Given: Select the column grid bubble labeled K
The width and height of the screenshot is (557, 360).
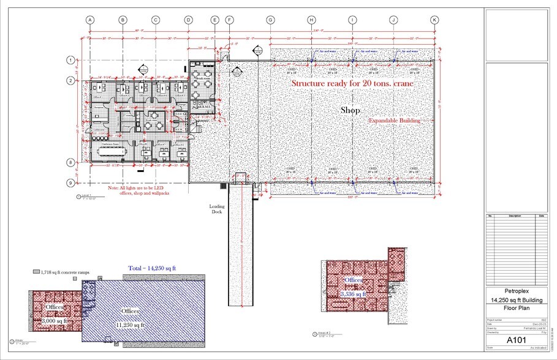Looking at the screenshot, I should (434, 20).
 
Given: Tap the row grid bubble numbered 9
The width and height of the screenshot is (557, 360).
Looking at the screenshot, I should (70, 182).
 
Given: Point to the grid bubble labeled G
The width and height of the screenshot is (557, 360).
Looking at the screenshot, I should (270, 20).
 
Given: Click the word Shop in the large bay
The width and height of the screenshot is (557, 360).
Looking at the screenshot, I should (350, 110).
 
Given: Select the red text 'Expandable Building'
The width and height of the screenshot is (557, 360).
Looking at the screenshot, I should (394, 121).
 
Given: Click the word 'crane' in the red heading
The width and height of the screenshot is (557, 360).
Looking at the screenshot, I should (400, 83).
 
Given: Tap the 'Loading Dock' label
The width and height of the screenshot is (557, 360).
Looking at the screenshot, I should (217, 209).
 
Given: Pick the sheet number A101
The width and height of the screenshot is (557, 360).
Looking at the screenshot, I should (514, 338).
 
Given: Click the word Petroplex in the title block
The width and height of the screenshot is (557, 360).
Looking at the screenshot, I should (514, 291).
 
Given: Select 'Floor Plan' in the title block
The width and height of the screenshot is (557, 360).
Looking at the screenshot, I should (514, 309).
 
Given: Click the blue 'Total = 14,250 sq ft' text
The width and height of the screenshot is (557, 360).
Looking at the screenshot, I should (153, 268).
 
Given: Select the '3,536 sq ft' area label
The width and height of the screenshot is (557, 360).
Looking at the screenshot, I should (353, 294).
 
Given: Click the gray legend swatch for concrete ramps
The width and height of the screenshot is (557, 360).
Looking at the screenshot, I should (37, 271).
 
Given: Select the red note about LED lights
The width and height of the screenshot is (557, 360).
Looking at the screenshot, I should (138, 190).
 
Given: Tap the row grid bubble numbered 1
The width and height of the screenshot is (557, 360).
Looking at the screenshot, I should (70, 60).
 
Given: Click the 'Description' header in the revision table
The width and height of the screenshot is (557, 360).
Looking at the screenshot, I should (514, 216).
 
